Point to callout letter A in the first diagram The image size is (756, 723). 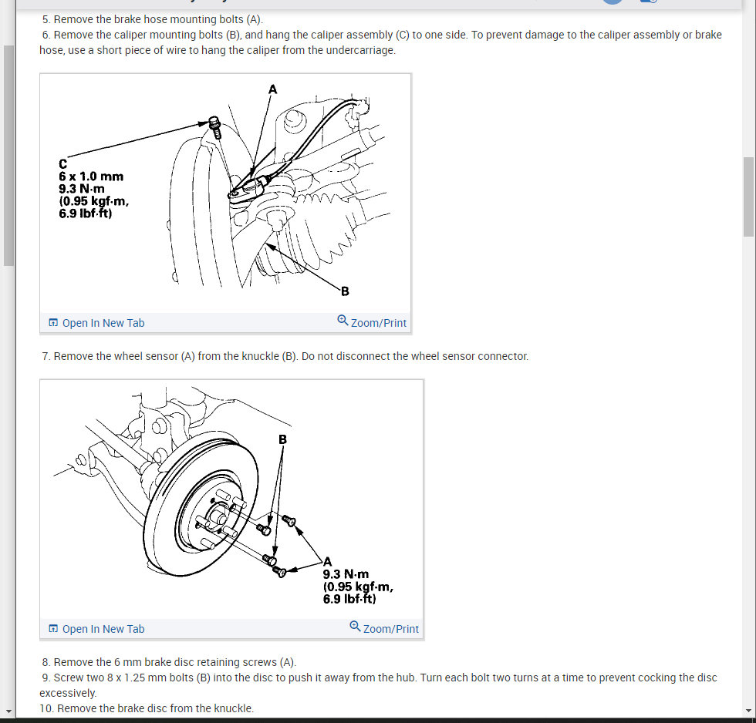(272, 89)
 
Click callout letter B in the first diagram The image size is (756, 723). (345, 291)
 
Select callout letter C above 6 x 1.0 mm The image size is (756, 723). (62, 164)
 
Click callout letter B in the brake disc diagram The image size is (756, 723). (282, 439)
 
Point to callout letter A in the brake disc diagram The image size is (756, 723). (328, 561)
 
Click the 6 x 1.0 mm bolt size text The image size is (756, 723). (91, 177)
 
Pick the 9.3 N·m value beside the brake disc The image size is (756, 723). (346, 574)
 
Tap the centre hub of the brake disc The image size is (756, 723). (215, 513)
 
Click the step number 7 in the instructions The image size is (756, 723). (46, 356)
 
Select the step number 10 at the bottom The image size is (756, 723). (48, 708)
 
